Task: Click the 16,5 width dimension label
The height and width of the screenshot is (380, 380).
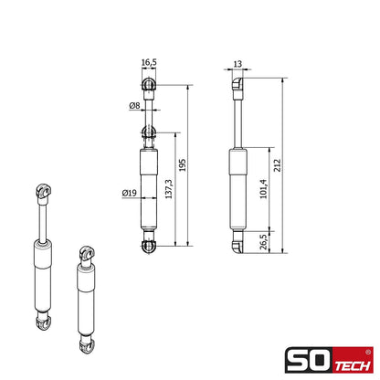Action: pos(149,62)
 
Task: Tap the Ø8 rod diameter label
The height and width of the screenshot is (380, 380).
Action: pos(134,106)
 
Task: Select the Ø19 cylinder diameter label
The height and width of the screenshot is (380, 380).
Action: pos(129,193)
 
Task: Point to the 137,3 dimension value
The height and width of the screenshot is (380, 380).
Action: pos(169,189)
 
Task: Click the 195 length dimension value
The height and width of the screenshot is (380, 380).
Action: pos(182,164)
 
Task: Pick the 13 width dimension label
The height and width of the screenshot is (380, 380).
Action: pos(237,64)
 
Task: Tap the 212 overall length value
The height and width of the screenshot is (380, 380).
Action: pos(278,165)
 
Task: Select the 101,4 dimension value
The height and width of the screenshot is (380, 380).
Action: pos(263,189)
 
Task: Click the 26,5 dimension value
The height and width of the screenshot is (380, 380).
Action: pos(264,242)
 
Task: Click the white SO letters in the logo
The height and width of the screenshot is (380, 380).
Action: pos(309,360)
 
